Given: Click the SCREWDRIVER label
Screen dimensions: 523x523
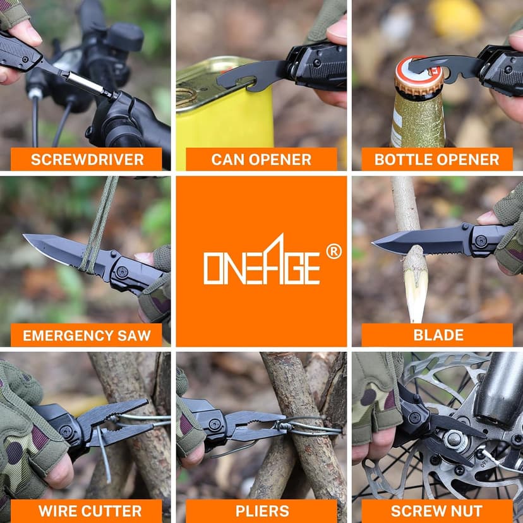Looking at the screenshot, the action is click(x=87, y=159).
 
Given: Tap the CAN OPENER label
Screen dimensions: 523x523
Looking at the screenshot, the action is click(x=261, y=159).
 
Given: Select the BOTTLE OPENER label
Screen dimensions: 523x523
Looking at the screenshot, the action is click(x=437, y=159).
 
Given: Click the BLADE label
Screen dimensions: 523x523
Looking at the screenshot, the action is click(x=438, y=335).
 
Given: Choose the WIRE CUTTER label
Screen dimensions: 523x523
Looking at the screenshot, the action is click(x=90, y=511).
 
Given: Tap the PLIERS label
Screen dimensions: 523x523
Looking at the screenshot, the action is click(x=262, y=511).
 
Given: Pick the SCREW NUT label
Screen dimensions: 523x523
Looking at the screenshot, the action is click(x=436, y=511).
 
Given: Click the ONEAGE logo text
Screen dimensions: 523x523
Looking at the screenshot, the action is click(x=262, y=260).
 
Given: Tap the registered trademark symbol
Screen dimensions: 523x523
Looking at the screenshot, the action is click(x=334, y=251).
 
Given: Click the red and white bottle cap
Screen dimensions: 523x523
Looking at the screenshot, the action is click(x=419, y=76).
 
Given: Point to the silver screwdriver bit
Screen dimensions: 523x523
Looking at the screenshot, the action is click(x=87, y=84).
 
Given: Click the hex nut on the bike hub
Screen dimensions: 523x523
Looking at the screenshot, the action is click(x=454, y=439).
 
